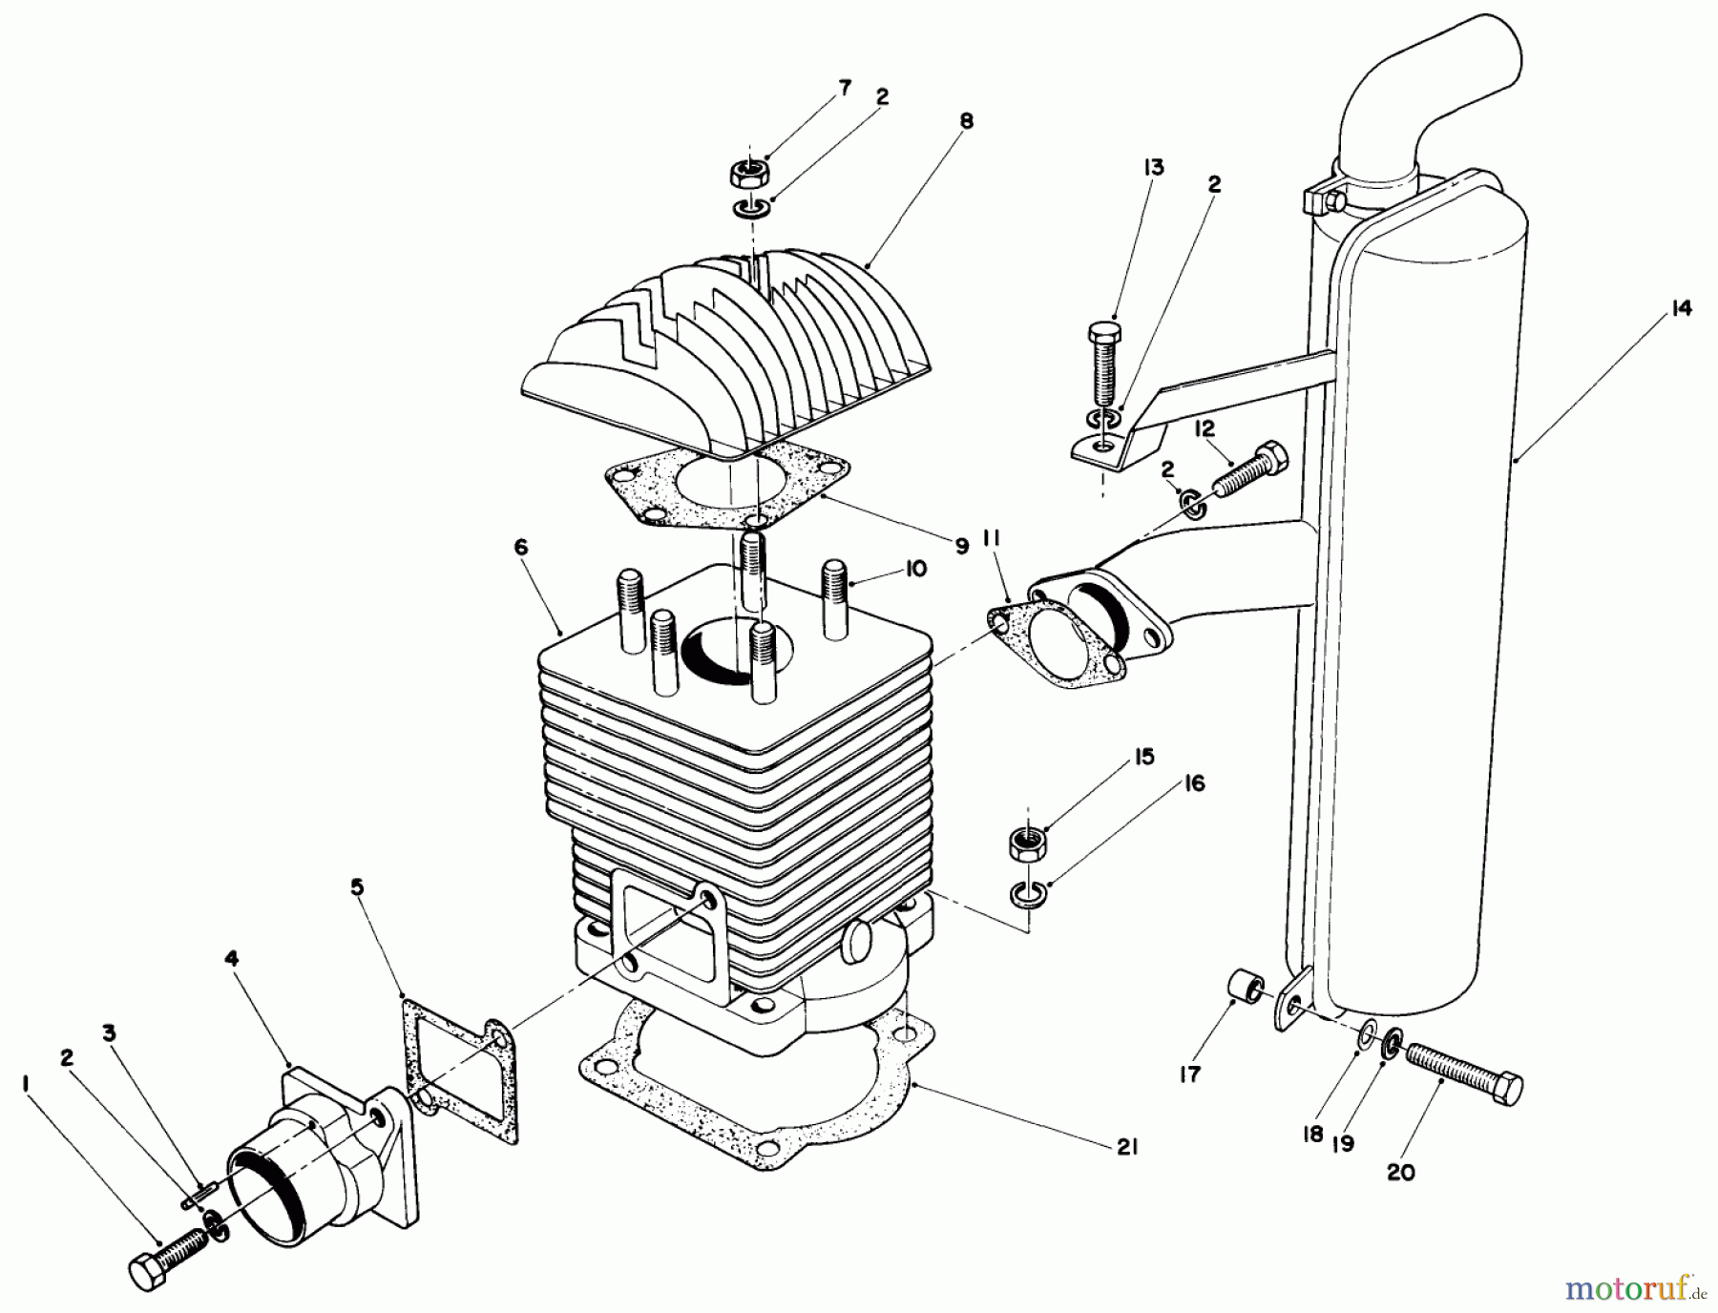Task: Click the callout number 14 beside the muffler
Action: click(1681, 308)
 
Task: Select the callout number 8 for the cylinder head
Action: click(967, 121)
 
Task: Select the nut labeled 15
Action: click(1028, 844)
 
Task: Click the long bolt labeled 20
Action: click(1465, 1073)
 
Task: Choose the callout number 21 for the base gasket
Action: click(1127, 1149)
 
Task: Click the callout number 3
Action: click(111, 1032)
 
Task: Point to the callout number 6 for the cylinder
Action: click(520, 547)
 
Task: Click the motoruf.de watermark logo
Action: click(1633, 1290)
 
